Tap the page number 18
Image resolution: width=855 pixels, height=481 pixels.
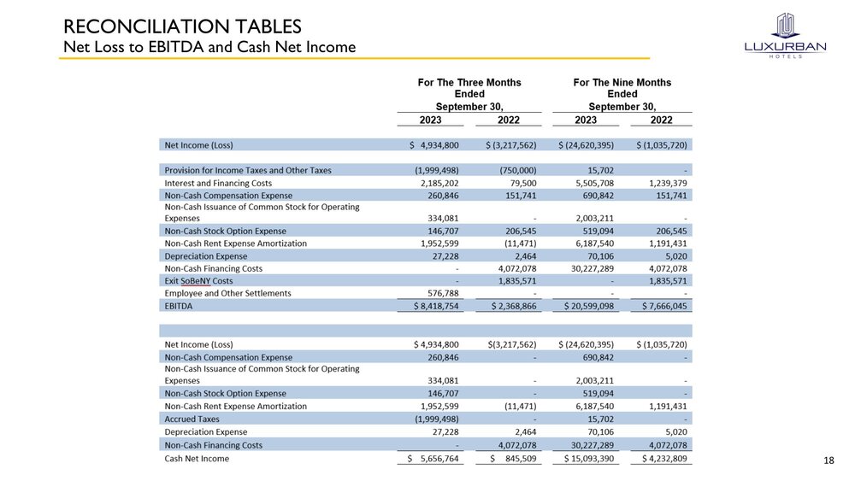828,461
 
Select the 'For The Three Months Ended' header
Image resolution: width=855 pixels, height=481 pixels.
469,88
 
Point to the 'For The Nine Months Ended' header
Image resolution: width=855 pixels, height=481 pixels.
622,88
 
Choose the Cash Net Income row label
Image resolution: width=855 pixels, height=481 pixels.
197,459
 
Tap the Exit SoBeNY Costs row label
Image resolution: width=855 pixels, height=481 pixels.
198,280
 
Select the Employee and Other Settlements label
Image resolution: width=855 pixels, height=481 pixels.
227,293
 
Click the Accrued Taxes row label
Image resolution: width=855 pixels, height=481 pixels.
192,419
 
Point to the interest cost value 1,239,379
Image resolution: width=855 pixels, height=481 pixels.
663,183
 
